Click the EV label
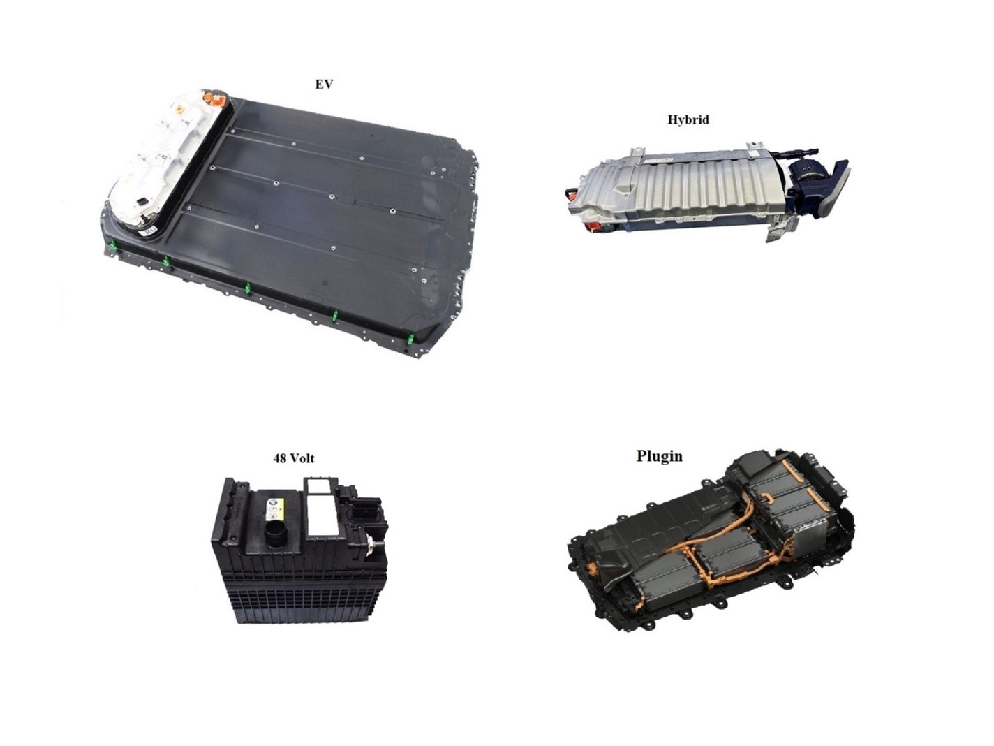click(x=323, y=85)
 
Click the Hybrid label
click(x=688, y=120)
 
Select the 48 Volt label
click(x=293, y=458)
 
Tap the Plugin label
click(x=659, y=457)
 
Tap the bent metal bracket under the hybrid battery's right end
click(x=778, y=228)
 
